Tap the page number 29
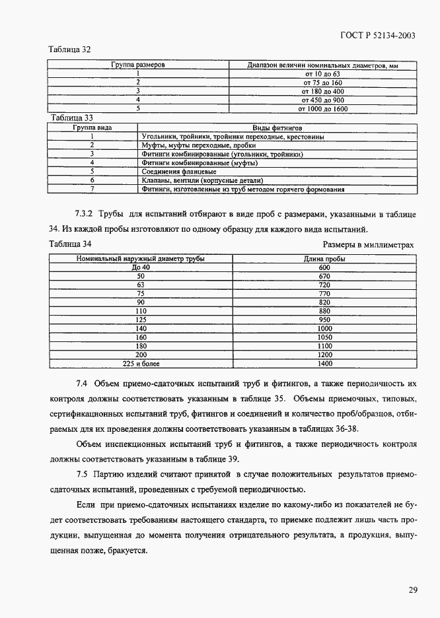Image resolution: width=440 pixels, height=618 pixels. [412, 590]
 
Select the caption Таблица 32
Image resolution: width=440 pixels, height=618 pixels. [70, 50]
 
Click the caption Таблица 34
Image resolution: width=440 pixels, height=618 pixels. [70, 244]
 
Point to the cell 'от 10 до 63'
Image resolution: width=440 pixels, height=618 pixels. [322, 75]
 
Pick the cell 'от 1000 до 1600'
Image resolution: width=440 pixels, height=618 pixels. [322, 109]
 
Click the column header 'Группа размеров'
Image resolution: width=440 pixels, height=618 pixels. [137, 65]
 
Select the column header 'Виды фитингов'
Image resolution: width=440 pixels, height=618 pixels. [277, 126]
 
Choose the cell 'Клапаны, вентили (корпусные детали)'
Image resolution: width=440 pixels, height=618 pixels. [202, 180]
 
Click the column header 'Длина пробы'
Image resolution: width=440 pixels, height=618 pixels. [324, 259]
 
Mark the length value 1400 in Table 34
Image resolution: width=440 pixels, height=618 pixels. [324, 364]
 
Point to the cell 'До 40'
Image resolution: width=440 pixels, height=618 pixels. [141, 267]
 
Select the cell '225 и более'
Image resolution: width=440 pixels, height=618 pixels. [141, 364]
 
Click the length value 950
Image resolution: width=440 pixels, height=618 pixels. [324, 320]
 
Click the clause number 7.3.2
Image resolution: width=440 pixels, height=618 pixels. [88, 213]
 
